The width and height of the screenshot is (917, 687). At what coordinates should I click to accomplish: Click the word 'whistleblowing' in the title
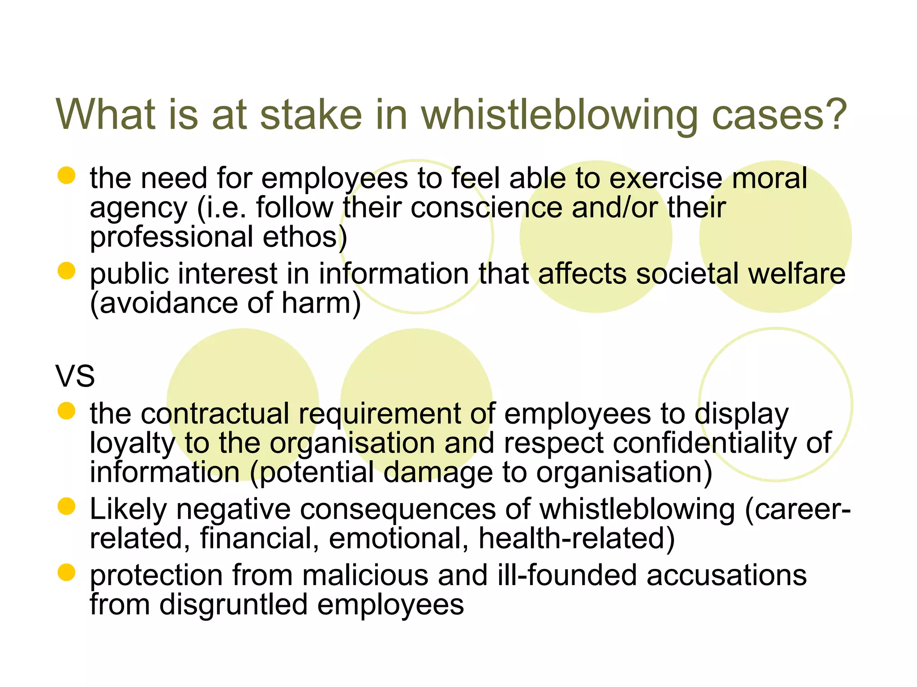coord(559,114)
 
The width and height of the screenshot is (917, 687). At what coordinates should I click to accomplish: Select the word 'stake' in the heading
coord(311,114)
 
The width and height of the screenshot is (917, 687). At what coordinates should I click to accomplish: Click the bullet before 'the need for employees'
coord(66,175)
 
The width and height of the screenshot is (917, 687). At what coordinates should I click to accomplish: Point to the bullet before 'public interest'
coord(66,271)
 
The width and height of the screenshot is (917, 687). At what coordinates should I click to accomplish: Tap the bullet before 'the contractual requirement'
coord(66,411)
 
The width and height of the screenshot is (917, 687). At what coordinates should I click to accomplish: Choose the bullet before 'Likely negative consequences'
coord(66,507)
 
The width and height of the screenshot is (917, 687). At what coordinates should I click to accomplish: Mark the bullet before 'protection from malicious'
coord(66,572)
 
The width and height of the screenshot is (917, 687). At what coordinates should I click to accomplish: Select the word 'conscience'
coord(486,208)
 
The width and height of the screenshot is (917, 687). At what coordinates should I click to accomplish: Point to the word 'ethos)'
coord(305,237)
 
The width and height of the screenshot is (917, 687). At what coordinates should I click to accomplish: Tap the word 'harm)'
coord(321,303)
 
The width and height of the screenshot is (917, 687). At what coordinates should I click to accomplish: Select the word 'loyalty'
coord(133,444)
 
